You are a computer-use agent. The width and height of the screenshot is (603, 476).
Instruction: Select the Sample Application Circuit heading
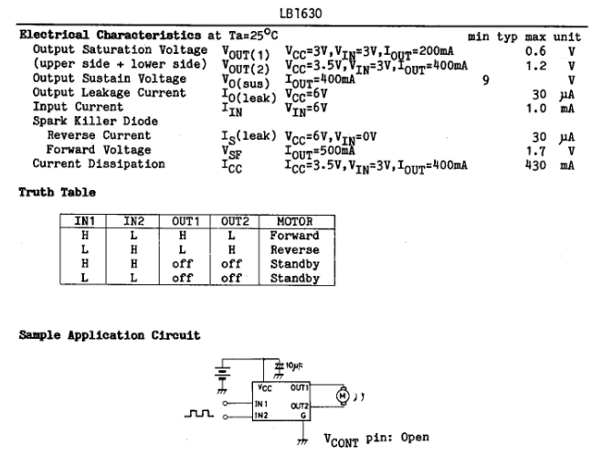[110, 335]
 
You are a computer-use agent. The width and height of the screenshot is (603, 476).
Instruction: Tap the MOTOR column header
[294, 221]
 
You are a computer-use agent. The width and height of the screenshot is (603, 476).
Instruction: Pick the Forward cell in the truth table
[294, 236]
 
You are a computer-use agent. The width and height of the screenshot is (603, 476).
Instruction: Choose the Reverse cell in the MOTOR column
[294, 249]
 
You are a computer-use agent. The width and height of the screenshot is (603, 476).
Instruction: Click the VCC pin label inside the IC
[265, 386]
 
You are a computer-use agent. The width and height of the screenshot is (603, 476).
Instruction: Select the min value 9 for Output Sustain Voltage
[486, 79]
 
